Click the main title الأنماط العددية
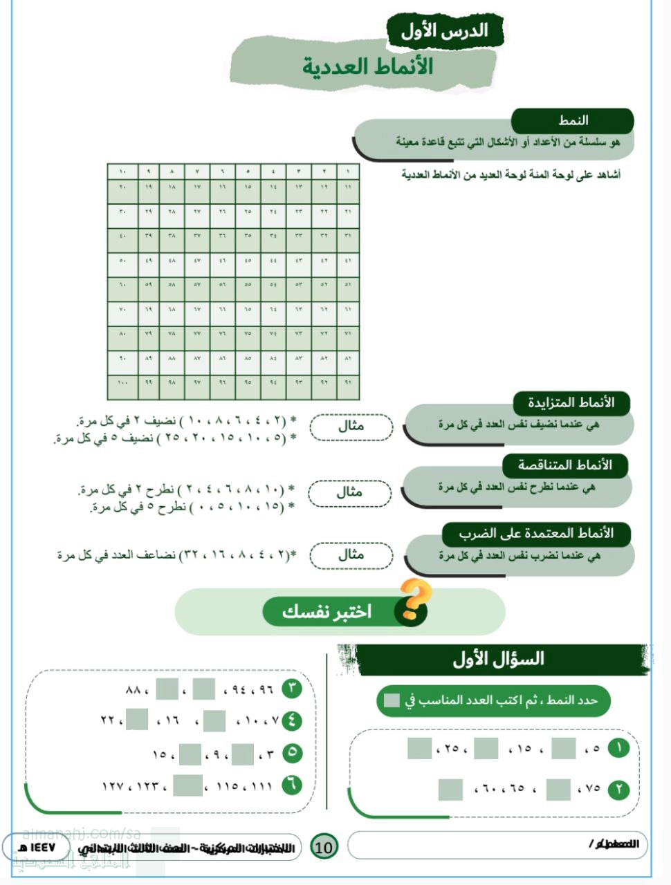click(367, 66)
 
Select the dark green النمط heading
click(573, 120)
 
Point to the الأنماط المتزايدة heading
click(571, 402)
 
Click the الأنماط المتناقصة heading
click(565, 465)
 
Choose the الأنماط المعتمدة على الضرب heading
click(536, 533)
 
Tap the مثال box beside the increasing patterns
click(351, 427)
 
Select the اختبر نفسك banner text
click(327, 611)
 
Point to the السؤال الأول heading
click(498, 659)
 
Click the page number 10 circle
click(324, 846)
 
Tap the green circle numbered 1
click(618, 747)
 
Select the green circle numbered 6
click(292, 785)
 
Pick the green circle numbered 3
click(292, 689)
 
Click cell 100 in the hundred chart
click(122, 382)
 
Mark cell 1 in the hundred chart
click(347, 171)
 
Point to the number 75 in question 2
click(593, 788)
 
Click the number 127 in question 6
click(111, 786)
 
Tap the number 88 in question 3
click(133, 689)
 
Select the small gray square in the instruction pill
click(392, 700)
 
